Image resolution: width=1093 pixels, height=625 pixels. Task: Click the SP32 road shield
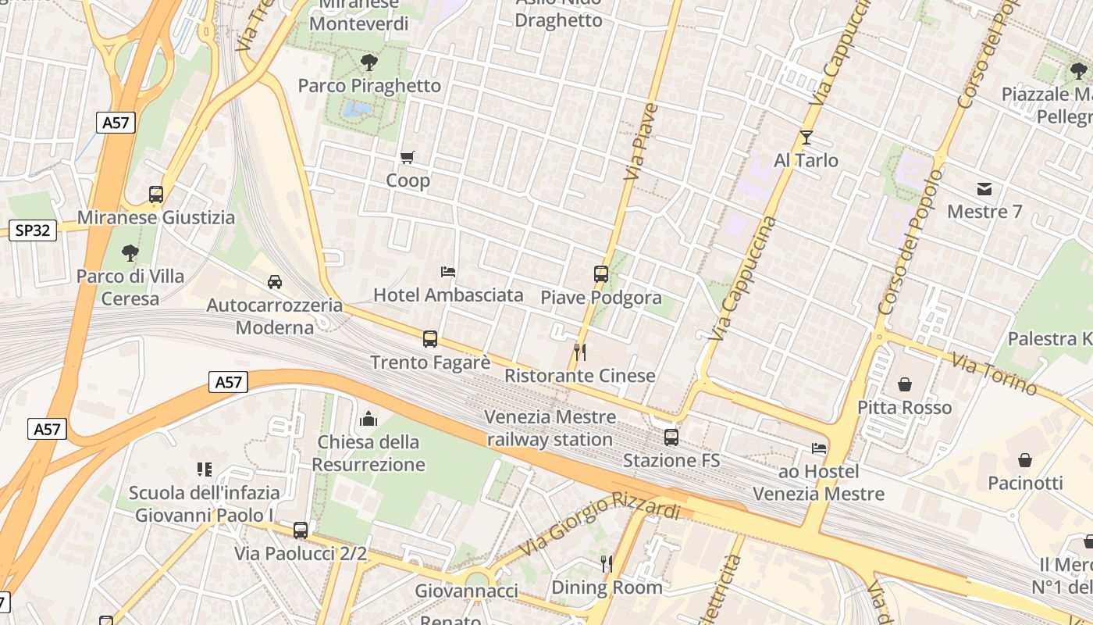(x=32, y=230)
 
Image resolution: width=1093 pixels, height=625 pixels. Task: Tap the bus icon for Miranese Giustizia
(x=156, y=195)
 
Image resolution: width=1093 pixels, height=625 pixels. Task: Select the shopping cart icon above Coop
(x=407, y=158)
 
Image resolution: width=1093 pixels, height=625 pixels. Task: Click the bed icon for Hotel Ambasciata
(x=448, y=272)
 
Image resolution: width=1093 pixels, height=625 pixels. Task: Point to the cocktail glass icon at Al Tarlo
(x=806, y=138)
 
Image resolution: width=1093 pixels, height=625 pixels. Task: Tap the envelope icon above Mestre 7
(x=984, y=189)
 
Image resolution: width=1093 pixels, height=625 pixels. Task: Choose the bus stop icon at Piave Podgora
(x=600, y=274)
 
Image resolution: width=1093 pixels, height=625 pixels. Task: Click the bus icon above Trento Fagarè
(x=430, y=339)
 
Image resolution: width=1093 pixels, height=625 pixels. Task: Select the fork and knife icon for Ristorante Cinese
(x=579, y=352)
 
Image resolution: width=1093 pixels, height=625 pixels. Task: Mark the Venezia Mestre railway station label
(x=550, y=428)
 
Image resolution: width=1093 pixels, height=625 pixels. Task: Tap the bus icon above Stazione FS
(x=671, y=437)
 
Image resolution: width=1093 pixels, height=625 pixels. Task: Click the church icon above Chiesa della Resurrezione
(x=368, y=420)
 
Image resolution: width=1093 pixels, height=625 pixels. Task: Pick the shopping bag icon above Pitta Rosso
(x=905, y=384)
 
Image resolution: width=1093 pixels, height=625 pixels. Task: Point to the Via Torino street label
(x=995, y=373)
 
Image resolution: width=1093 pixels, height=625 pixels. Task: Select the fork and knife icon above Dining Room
(x=606, y=563)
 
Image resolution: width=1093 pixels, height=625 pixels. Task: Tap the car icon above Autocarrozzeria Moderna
(x=275, y=282)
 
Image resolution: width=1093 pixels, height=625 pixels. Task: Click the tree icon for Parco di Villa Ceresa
(x=130, y=253)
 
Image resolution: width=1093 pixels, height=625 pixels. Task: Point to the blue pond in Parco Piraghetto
(x=358, y=108)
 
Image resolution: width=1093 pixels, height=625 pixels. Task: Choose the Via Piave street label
(x=642, y=141)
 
